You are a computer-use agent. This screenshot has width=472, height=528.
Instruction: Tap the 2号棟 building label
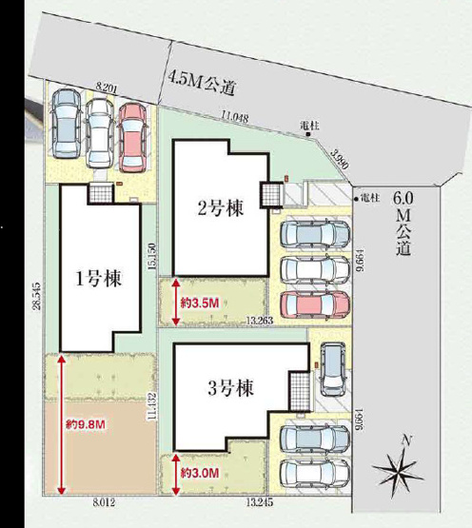[x=219, y=208]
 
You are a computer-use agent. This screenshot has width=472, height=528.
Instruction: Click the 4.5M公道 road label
[x=203, y=83]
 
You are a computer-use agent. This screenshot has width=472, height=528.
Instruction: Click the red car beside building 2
[x=316, y=304]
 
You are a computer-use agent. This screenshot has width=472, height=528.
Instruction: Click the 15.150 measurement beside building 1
[x=150, y=256]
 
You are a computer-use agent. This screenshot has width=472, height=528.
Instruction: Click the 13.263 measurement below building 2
[x=259, y=322]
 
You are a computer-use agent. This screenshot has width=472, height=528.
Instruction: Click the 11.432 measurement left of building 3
[x=150, y=406]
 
